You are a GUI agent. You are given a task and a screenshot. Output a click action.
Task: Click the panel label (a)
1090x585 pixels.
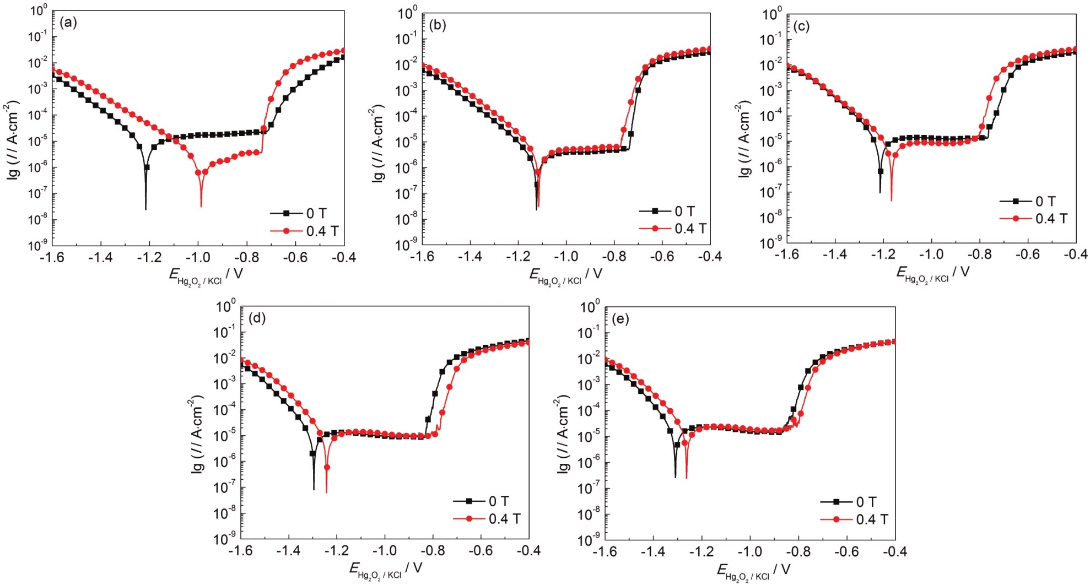click(x=68, y=23)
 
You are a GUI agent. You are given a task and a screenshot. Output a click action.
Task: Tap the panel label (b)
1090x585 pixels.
click(x=437, y=25)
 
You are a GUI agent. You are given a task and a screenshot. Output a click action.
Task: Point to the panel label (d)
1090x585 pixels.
click(x=257, y=318)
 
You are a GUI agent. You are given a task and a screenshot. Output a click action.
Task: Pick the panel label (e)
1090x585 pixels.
click(x=620, y=319)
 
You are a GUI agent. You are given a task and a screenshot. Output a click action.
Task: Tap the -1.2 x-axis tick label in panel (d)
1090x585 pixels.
click(x=336, y=551)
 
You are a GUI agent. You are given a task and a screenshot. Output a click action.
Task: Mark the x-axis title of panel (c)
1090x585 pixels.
click(x=932, y=273)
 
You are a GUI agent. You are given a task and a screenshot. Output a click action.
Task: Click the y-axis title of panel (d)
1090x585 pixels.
click(x=197, y=435)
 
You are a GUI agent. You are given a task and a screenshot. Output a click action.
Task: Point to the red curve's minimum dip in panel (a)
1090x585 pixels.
click(x=201, y=206)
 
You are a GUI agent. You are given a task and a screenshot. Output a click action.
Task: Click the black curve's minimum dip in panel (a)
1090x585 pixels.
click(x=145, y=209)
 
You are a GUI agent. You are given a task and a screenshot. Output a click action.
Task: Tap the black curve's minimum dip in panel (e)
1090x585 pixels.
click(x=675, y=476)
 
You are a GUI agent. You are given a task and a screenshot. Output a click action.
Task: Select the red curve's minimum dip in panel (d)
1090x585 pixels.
click(x=326, y=491)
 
